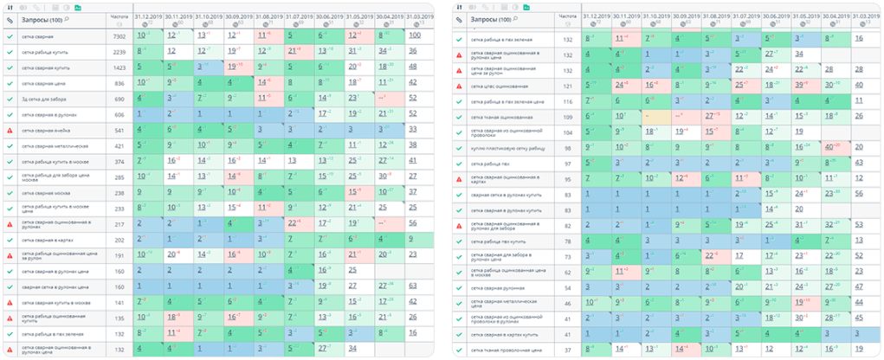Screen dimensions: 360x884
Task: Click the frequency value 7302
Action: pyautogui.click(x=119, y=35)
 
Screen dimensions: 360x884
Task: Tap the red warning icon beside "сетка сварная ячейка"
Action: pyautogui.click(x=10, y=130)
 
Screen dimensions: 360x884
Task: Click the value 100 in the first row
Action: pyautogui.click(x=414, y=35)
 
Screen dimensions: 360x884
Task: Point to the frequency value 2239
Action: pyautogui.click(x=119, y=52)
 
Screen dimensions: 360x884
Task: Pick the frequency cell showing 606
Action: pyautogui.click(x=119, y=114)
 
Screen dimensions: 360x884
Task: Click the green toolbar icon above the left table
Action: pyautogui.click(x=78, y=6)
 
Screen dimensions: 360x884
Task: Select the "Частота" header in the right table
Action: pyautogui.click(x=567, y=16)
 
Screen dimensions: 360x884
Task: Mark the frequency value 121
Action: pyautogui.click(x=568, y=86)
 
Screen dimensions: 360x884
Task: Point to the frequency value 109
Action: pyautogui.click(x=568, y=117)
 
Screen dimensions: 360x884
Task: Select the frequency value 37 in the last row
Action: pyautogui.click(x=568, y=350)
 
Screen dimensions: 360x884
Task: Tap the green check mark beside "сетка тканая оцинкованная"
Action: pyautogui.click(x=459, y=117)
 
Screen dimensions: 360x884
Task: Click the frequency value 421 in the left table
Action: pyautogui.click(x=119, y=145)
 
